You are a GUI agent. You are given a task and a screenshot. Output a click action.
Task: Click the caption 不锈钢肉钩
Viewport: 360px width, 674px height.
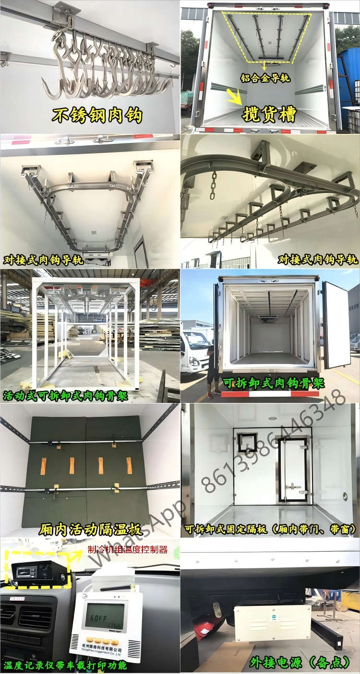(x=97, y=115)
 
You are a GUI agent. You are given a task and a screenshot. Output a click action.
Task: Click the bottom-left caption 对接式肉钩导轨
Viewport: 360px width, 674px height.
(x=43, y=260)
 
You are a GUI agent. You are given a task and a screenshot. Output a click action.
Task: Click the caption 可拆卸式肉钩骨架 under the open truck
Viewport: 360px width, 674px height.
(x=274, y=383)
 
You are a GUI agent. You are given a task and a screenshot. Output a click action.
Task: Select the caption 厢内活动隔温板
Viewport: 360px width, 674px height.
(x=90, y=530)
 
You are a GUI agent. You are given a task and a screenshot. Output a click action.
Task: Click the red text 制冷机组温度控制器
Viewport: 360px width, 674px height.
(x=128, y=549)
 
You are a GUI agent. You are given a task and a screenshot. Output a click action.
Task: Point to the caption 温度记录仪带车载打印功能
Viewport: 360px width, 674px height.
(x=65, y=666)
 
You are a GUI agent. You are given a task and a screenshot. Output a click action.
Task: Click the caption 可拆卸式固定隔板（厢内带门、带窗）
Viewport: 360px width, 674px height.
(x=271, y=530)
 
